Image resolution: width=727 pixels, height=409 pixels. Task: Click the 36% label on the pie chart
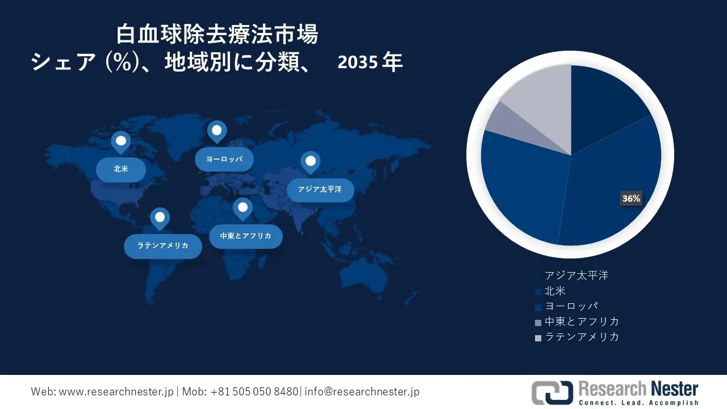point(631,198)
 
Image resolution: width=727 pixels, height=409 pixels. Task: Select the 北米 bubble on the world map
point(121,169)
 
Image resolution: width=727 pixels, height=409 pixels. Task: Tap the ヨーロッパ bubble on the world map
point(224,160)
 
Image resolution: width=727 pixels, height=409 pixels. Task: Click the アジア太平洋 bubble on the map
point(320,190)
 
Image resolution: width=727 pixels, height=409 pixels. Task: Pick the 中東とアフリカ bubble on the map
point(246,236)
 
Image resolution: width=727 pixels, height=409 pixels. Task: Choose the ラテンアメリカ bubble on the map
point(163,246)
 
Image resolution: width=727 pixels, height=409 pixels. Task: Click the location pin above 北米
point(121,143)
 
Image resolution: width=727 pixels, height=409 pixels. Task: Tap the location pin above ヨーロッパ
point(217,132)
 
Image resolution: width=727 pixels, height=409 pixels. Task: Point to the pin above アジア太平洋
point(311,162)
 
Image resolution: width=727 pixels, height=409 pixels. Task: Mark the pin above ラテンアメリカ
point(160,219)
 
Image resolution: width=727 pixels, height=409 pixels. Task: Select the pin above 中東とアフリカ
point(243,208)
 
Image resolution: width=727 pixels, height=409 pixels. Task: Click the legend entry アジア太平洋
point(572,276)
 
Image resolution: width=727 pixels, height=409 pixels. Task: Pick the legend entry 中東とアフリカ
point(577,322)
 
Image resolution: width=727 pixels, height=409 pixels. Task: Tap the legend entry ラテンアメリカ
point(577,337)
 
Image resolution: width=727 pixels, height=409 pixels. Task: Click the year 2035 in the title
point(358,62)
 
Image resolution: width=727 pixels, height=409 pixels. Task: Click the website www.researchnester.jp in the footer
point(116,392)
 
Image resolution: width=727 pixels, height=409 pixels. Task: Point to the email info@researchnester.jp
point(362,392)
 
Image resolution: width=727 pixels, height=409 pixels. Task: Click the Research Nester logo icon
point(553,393)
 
